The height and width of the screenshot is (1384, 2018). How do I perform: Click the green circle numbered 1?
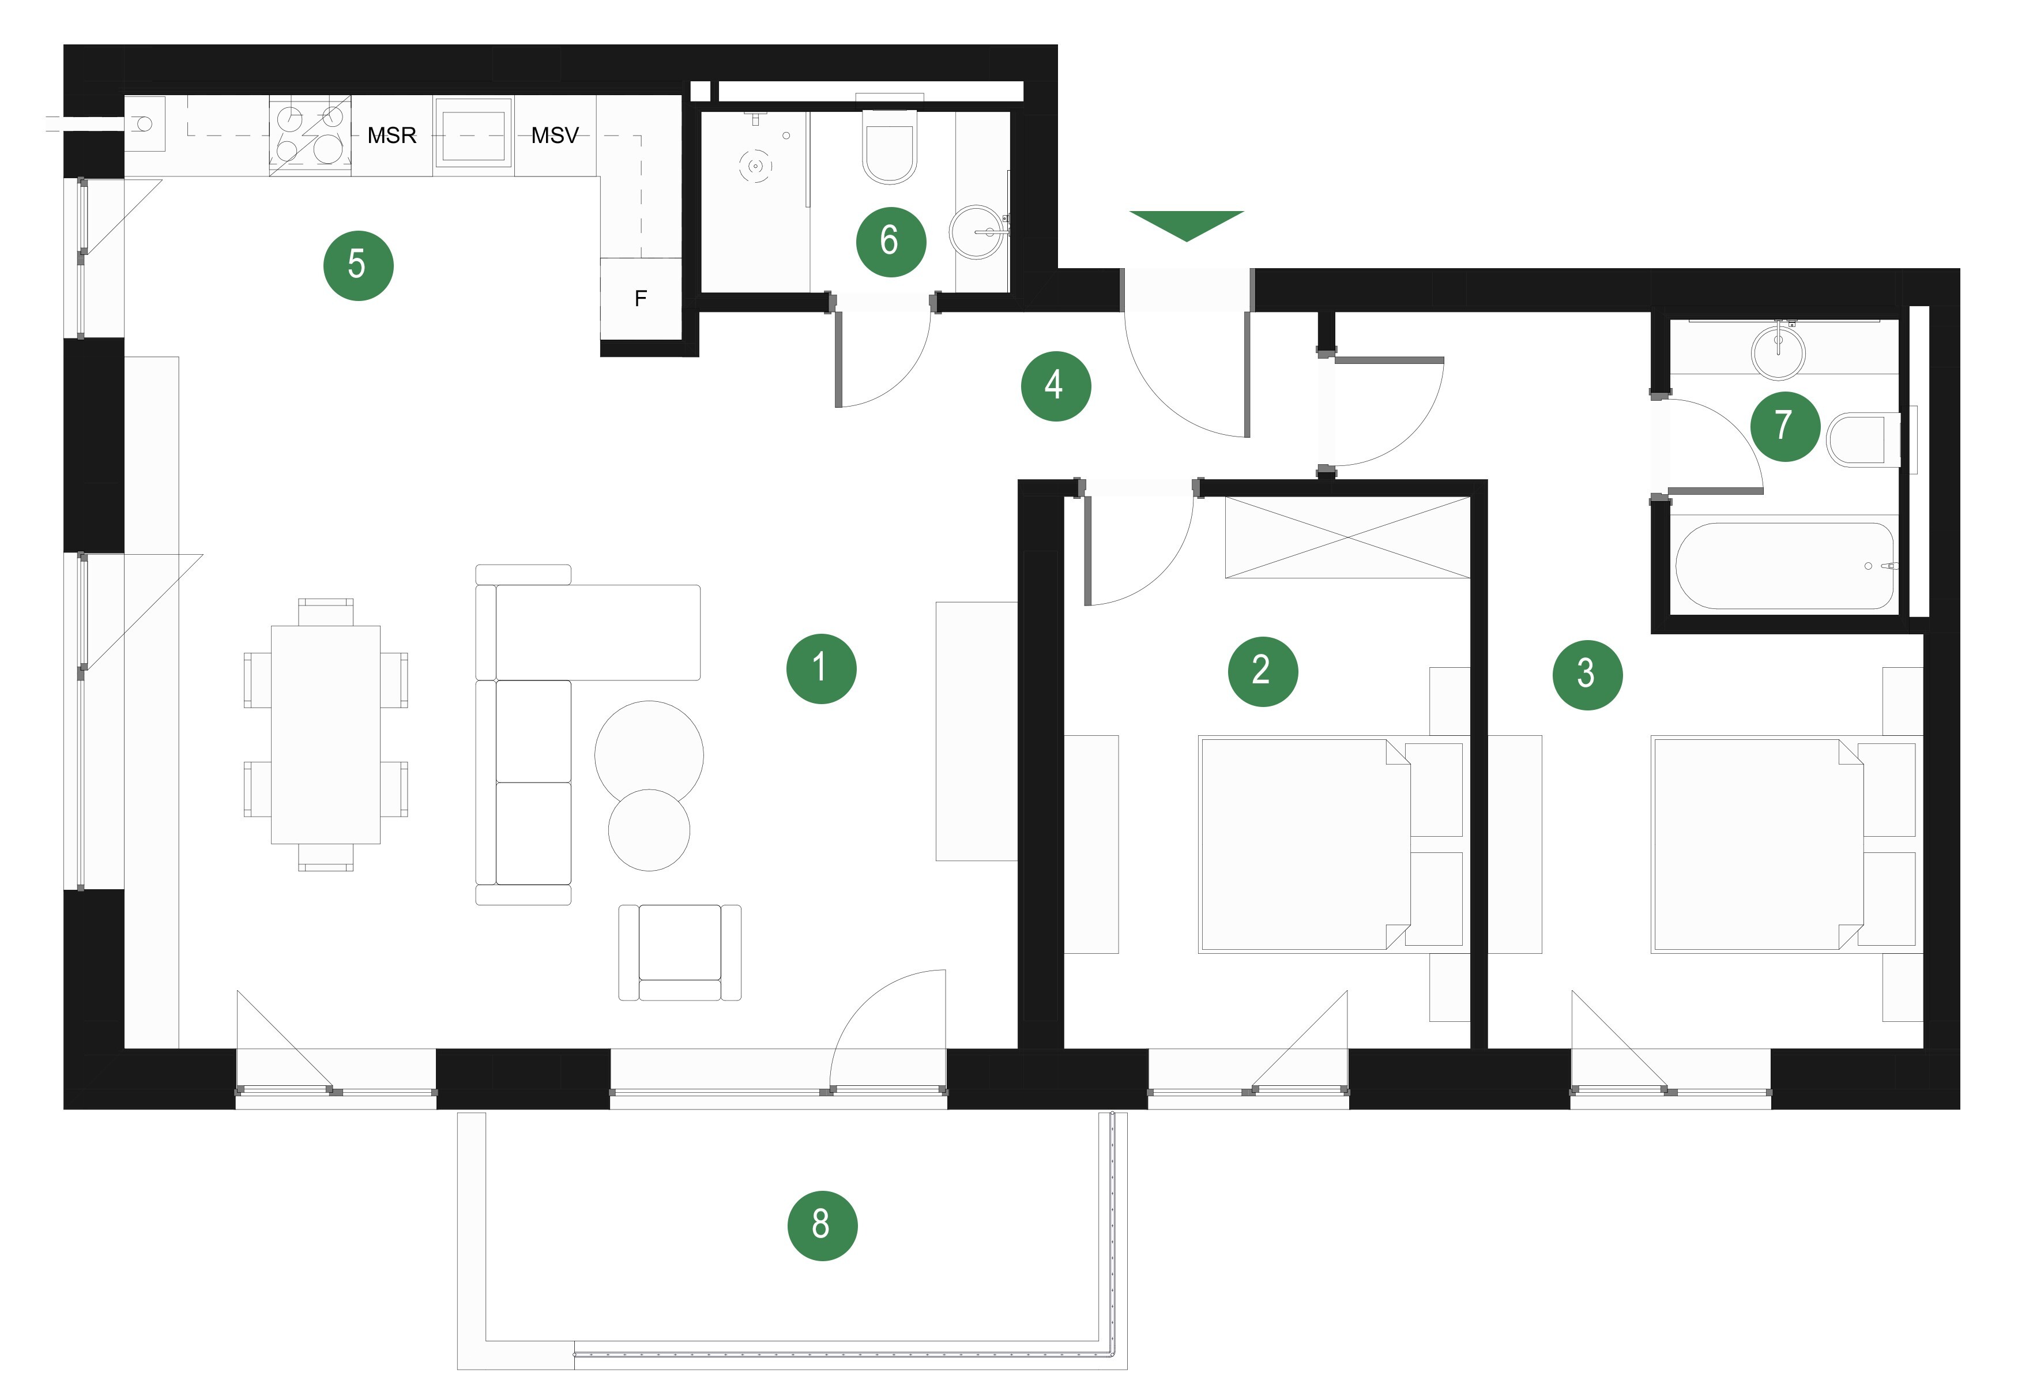pos(820,668)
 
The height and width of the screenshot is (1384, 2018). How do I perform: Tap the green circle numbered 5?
pos(357,265)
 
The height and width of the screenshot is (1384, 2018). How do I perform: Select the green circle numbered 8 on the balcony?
pos(822,1225)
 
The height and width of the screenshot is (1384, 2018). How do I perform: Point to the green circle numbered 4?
pos(1055,386)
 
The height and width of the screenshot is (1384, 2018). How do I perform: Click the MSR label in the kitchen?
pos(391,136)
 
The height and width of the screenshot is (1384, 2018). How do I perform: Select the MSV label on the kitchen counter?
pos(555,136)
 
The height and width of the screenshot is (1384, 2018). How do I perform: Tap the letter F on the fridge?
pos(641,299)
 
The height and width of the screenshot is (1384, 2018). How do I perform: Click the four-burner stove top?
pos(310,136)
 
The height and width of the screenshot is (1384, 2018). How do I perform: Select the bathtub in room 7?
pos(1784,565)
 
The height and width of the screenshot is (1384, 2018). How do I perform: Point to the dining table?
pos(326,735)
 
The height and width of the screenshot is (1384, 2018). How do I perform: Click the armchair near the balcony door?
pos(680,953)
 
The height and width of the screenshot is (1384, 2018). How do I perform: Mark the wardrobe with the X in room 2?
pos(1347,537)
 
